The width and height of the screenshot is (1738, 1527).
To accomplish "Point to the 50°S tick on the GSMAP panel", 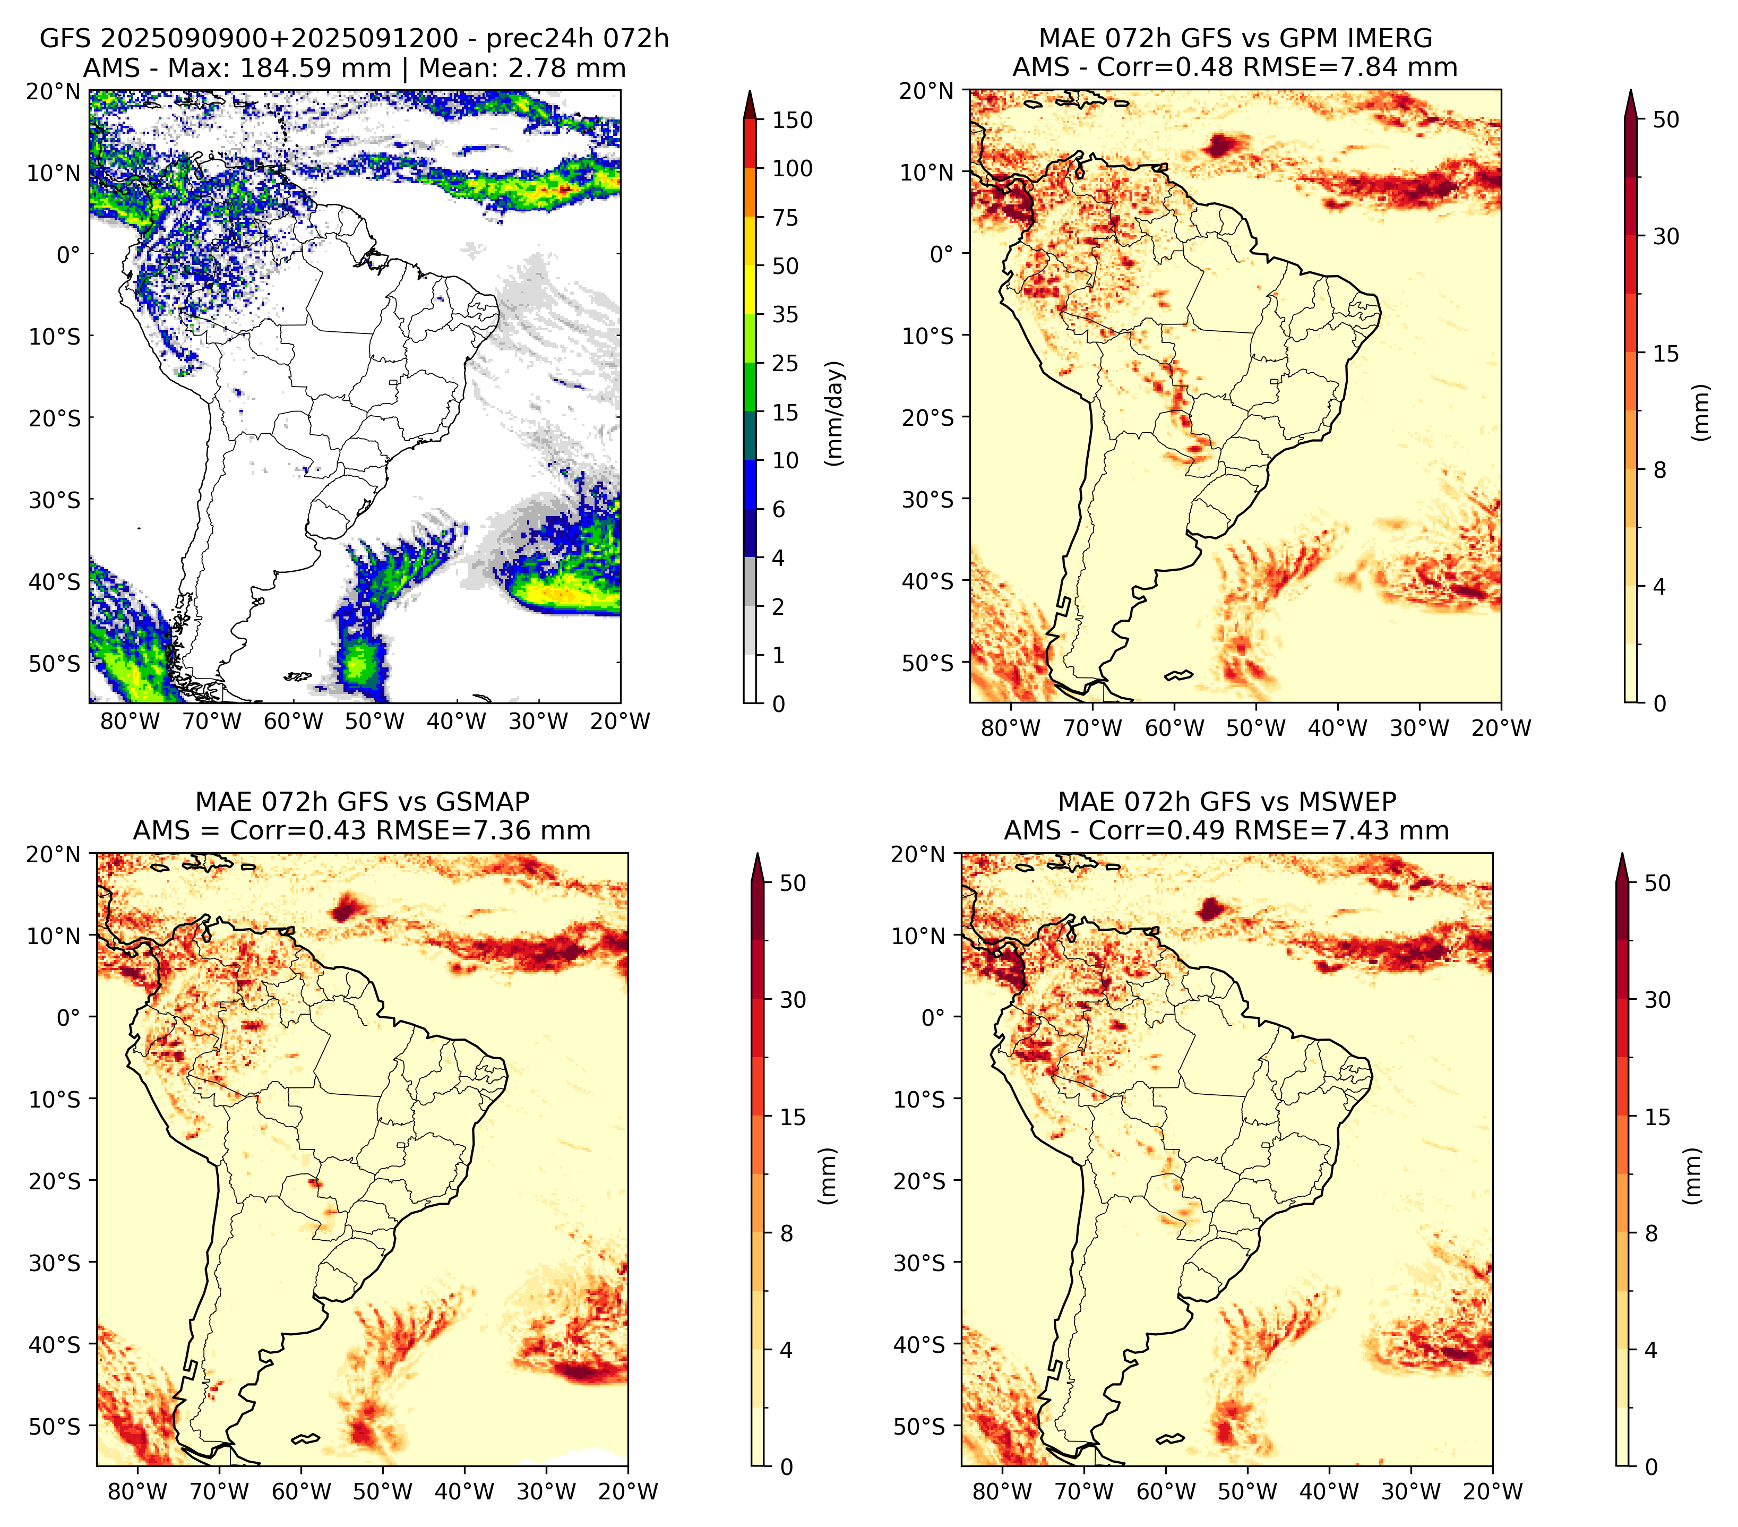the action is click(x=56, y=1427).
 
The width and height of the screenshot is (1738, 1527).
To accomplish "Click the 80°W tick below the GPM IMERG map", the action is click(x=1010, y=728).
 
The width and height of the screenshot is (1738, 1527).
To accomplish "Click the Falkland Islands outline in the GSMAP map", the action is click(x=305, y=1438).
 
